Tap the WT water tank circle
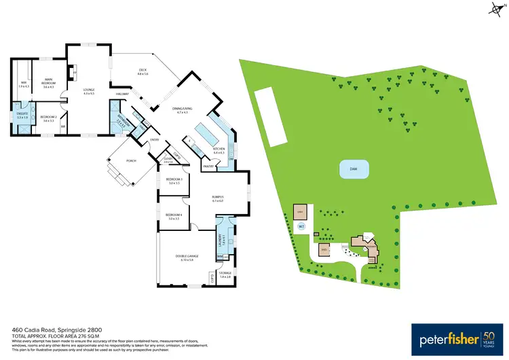(302, 226)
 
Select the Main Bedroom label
(48, 81)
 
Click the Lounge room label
(89, 90)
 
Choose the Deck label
(143, 71)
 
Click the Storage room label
(225, 274)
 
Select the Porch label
(132, 160)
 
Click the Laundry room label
(221, 239)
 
